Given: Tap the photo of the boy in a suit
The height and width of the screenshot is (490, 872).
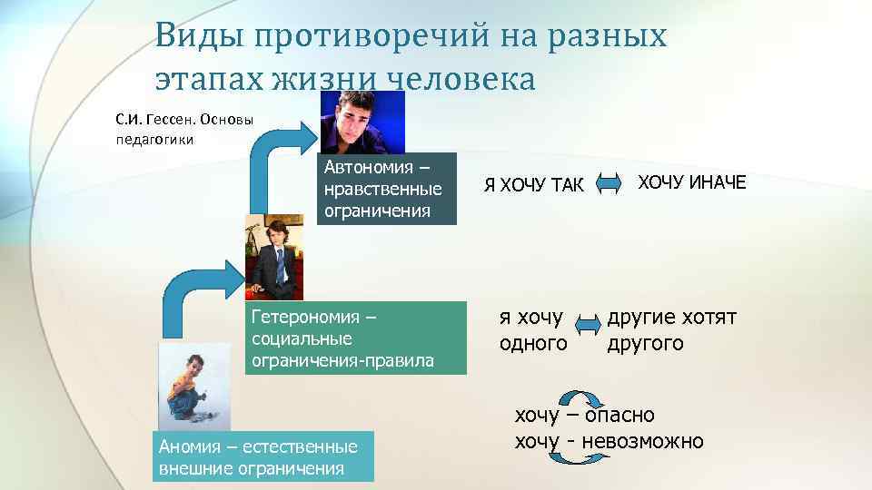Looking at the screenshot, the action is (x=273, y=259).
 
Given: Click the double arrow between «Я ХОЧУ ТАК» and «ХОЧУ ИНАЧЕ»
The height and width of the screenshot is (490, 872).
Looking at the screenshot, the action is (x=605, y=184).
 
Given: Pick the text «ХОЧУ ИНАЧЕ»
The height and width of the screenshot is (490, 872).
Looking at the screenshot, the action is (x=690, y=182).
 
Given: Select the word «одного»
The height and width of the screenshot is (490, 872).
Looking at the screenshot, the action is (x=533, y=344).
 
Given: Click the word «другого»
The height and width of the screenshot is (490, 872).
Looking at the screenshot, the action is (x=646, y=344).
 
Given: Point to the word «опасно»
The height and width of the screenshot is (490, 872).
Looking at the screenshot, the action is (x=619, y=416).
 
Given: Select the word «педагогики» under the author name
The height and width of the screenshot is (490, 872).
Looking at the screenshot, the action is (x=155, y=139).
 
